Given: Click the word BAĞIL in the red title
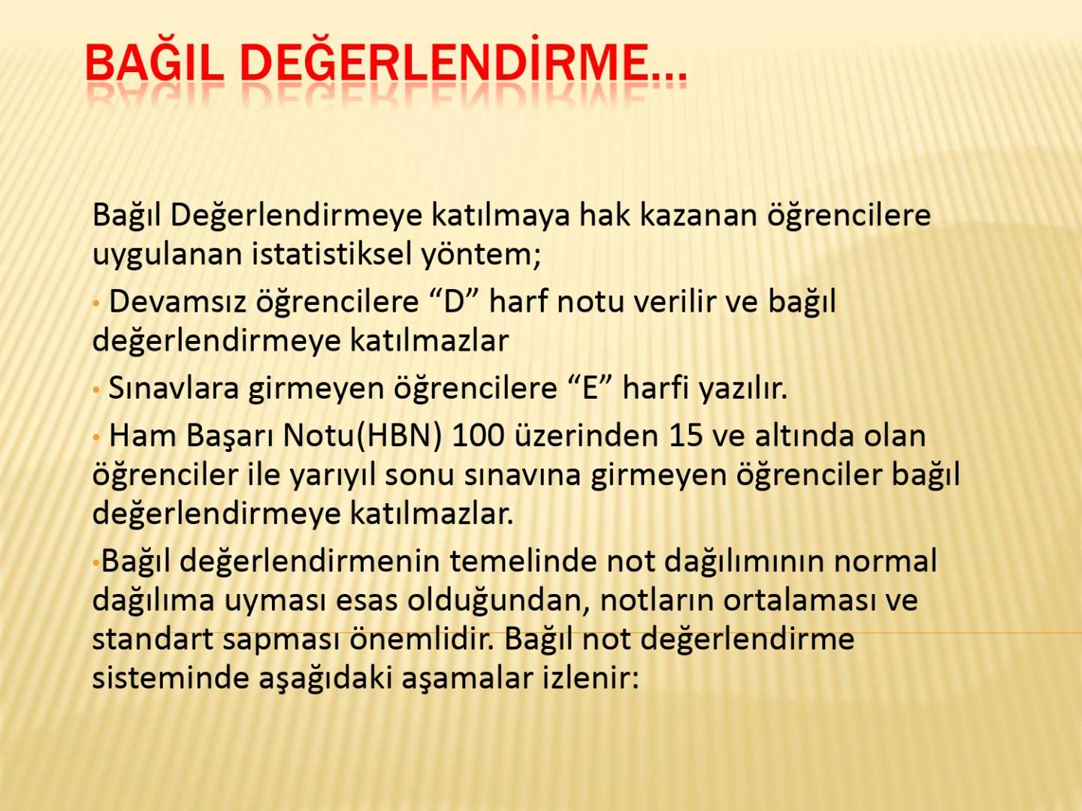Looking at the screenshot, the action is [154, 62].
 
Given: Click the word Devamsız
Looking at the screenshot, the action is [177, 301].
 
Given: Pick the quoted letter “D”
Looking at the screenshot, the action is [455, 301].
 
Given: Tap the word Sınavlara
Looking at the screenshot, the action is [174, 388].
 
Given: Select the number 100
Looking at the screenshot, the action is [478, 436].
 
